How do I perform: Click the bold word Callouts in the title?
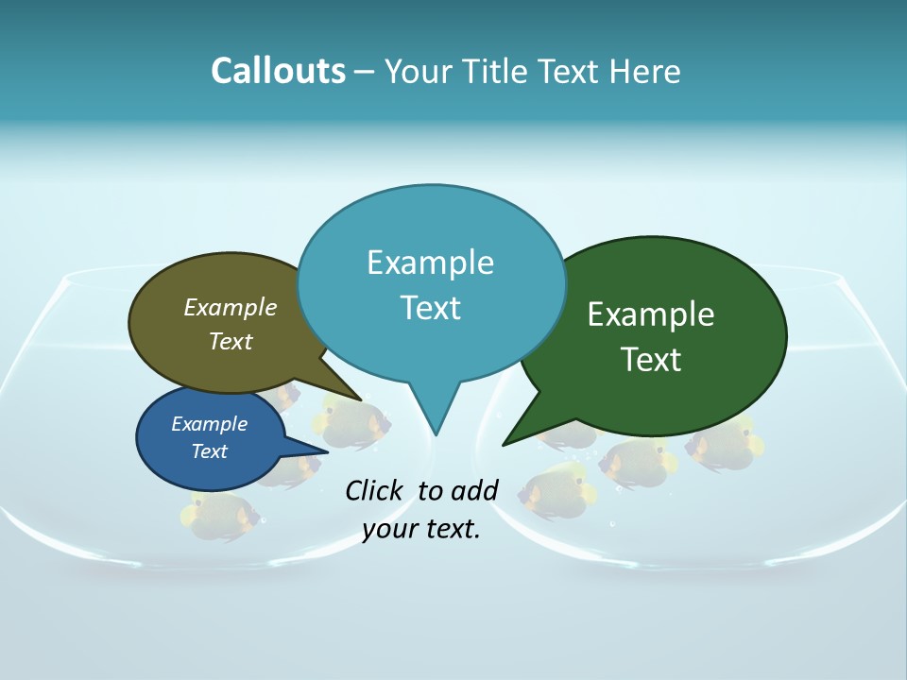(x=278, y=71)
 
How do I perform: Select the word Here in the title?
(x=645, y=71)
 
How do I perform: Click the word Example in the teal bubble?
(x=430, y=263)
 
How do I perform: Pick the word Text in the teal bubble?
(x=430, y=308)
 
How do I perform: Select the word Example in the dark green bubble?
(x=651, y=314)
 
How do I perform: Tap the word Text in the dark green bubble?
(x=651, y=360)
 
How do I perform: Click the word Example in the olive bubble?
(x=231, y=307)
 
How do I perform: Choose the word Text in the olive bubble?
(x=231, y=341)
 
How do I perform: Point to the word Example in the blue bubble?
(x=209, y=424)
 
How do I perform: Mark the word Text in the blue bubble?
(x=209, y=451)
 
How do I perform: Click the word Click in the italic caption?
(x=375, y=490)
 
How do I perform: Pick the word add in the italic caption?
(x=473, y=490)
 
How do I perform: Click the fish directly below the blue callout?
(x=220, y=515)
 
